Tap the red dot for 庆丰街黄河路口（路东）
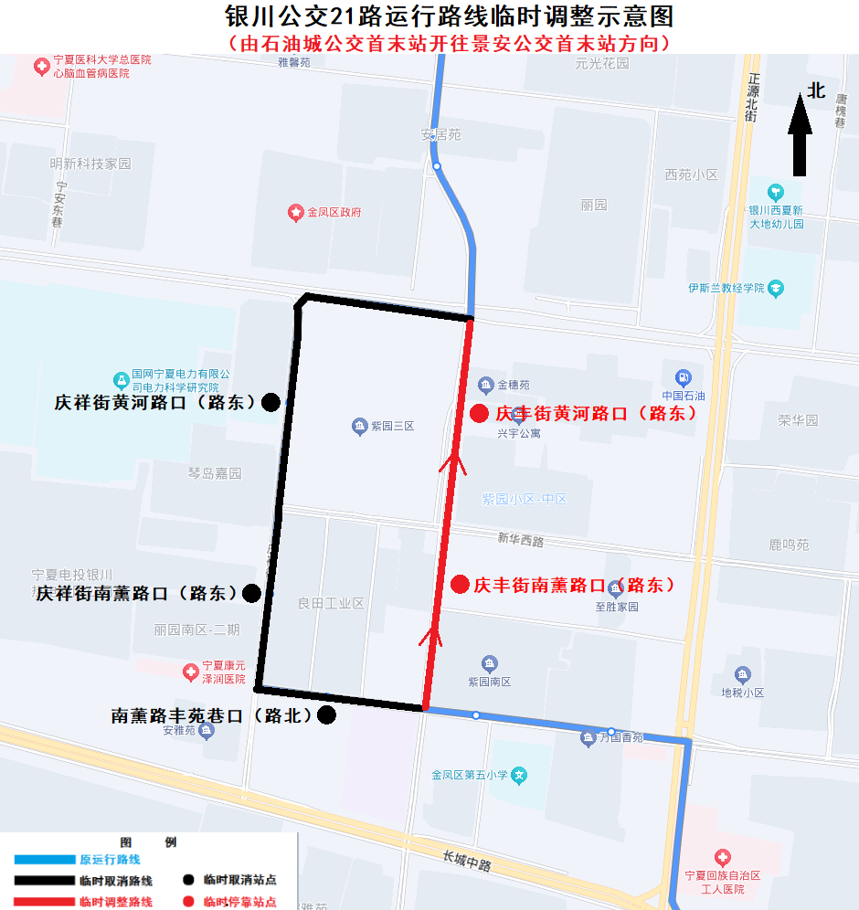[x=478, y=414]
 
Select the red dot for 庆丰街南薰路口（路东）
[x=461, y=584]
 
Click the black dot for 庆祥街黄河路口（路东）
[x=270, y=402]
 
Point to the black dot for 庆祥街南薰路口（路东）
[x=251, y=593]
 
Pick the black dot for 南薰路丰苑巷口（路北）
[x=326, y=715]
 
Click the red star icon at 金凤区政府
[x=296, y=212]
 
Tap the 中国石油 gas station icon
[x=683, y=377]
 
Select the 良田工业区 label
[x=331, y=604]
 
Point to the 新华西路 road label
[x=521, y=541]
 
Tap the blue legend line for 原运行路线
[x=44, y=860]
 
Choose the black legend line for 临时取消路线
[x=44, y=881]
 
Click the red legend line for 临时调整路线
[x=44, y=902]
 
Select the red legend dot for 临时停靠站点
[x=188, y=902]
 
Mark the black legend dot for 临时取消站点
[x=188, y=881]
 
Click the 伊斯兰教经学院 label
[x=726, y=288]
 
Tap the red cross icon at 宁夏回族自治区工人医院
[x=723, y=858]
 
